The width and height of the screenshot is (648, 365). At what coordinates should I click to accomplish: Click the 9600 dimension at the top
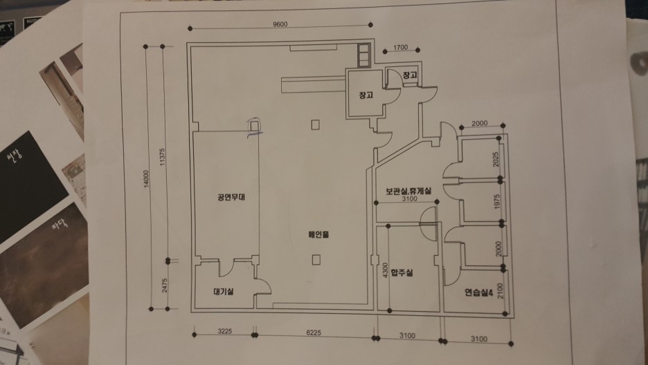pyautogui.click(x=279, y=24)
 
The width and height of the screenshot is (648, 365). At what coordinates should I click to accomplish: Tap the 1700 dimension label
pyautogui.click(x=401, y=48)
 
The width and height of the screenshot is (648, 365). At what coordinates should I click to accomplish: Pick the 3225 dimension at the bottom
pyautogui.click(x=223, y=333)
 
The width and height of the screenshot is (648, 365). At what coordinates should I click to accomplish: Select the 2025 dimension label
pyautogui.click(x=495, y=160)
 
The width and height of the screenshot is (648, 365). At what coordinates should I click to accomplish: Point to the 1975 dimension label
pyautogui.click(x=497, y=203)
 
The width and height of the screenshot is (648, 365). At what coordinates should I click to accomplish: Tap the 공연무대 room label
pyautogui.click(x=226, y=197)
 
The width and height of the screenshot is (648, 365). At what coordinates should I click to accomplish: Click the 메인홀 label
pyautogui.click(x=318, y=234)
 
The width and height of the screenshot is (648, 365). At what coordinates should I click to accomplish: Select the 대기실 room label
pyautogui.click(x=223, y=291)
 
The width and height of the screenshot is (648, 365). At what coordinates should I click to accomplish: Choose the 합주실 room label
pyautogui.click(x=402, y=272)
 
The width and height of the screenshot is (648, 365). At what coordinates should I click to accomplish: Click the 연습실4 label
pyautogui.click(x=478, y=292)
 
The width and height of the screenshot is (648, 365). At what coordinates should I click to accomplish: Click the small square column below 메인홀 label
pyautogui.click(x=316, y=259)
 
